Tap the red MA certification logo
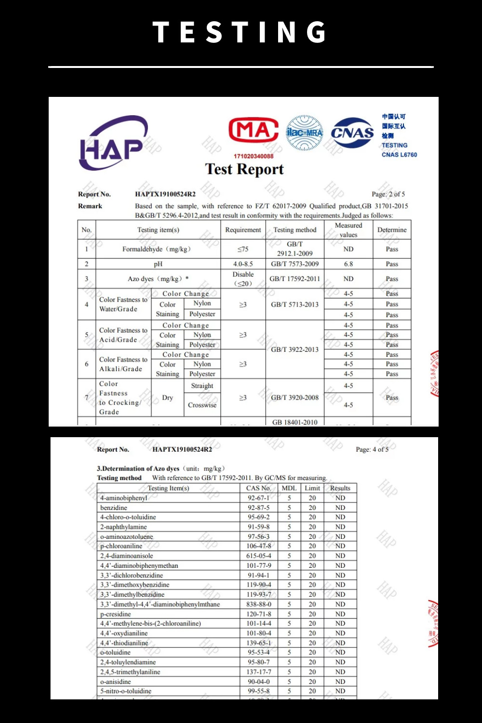click(x=254, y=130)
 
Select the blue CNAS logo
click(x=352, y=133)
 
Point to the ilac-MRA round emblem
click(x=304, y=133)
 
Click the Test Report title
click(x=244, y=169)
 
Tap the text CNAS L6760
click(x=399, y=155)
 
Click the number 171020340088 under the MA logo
click(x=254, y=156)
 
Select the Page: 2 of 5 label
click(x=388, y=194)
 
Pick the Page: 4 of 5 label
click(x=372, y=449)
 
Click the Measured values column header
click(x=348, y=230)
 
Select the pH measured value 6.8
click(x=348, y=264)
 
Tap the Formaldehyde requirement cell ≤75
click(x=243, y=249)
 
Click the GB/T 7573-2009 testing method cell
click(x=295, y=264)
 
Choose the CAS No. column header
click(x=258, y=488)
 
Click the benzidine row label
click(x=114, y=508)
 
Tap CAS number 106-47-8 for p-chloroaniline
click(x=258, y=546)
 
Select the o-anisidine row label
click(x=116, y=682)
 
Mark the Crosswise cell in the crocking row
click(x=202, y=405)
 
